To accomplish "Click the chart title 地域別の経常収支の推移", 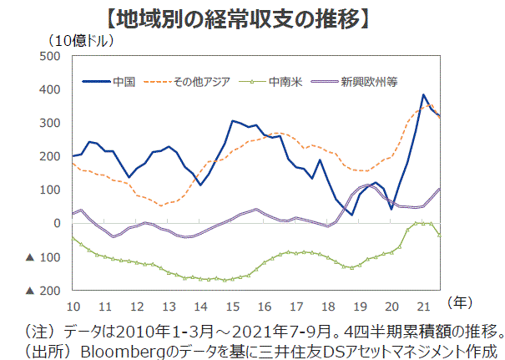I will pyautogui.click(x=250, y=17).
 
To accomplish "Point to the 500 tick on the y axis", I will pyautogui.click(x=50, y=56).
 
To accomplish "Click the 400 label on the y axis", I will pyautogui.click(x=50, y=89).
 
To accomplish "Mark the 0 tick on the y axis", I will pyautogui.click(x=57, y=223).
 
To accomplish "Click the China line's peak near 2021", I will pyautogui.click(x=424, y=95).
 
